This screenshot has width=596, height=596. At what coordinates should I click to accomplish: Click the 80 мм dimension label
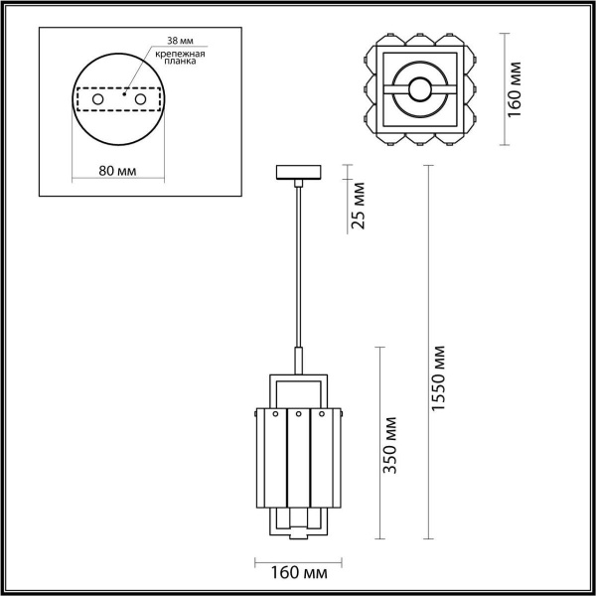[x=118, y=170]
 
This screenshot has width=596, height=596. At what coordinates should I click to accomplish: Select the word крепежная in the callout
[x=180, y=52]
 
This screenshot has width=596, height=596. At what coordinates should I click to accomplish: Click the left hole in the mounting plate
[x=97, y=100]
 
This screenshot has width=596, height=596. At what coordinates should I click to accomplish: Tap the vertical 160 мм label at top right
[x=514, y=89]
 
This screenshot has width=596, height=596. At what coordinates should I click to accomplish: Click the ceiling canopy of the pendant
[x=297, y=172]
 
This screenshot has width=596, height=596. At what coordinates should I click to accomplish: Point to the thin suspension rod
[x=297, y=268]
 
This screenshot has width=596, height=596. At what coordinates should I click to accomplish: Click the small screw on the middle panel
[x=298, y=413]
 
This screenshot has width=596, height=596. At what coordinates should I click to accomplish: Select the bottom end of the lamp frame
[x=298, y=538]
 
